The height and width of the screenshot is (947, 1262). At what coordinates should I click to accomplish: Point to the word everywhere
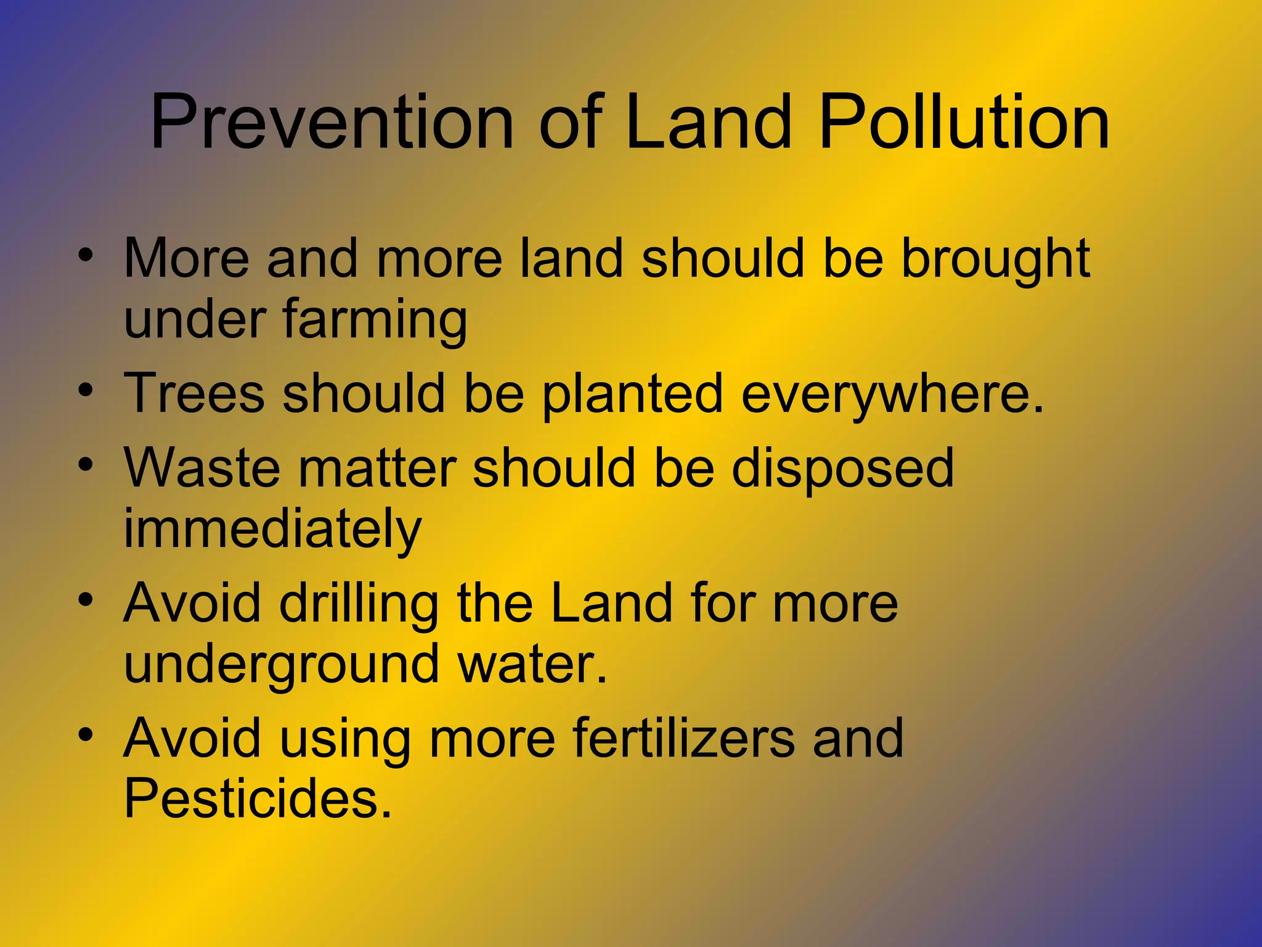click(x=892, y=395)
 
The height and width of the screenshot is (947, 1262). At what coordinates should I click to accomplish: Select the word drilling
click(x=359, y=604)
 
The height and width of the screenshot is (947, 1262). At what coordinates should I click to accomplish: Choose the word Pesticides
click(x=258, y=800)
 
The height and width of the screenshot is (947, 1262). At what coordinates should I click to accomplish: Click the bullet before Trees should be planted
click(x=86, y=390)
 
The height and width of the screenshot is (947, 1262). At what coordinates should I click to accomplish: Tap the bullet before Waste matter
click(x=86, y=464)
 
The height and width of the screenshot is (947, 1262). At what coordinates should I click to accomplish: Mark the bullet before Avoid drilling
click(x=86, y=599)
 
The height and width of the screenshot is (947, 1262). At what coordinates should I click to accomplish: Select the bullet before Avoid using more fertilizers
click(x=86, y=734)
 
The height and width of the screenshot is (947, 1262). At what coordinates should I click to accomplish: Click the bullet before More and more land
click(x=86, y=254)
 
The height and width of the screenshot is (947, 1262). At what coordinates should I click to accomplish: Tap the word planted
click(x=632, y=395)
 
